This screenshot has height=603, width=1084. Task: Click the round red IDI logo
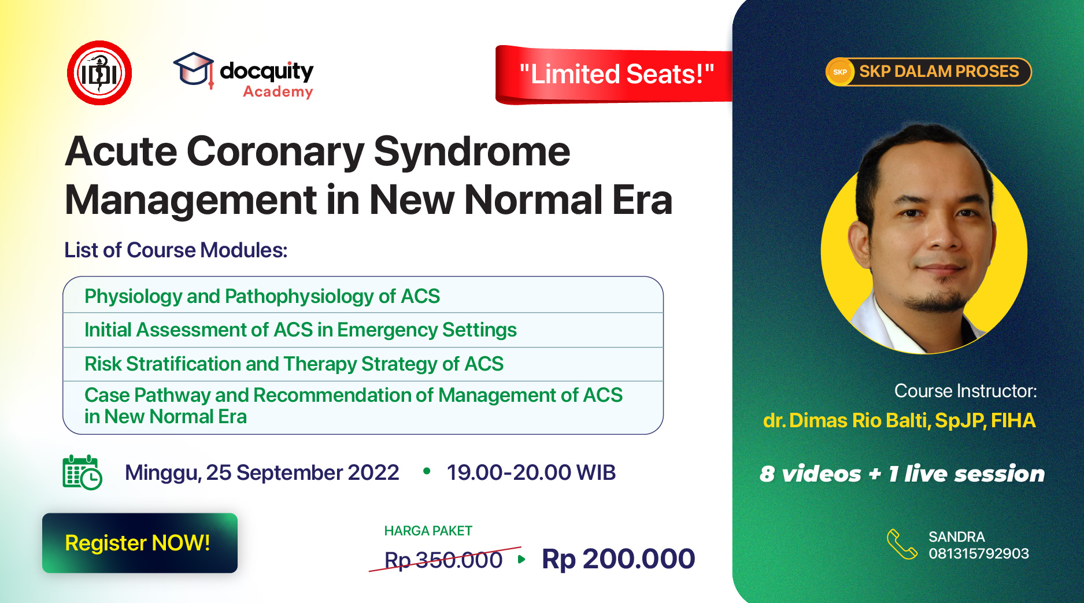pos(99,73)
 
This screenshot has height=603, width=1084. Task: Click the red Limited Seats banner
pos(614,75)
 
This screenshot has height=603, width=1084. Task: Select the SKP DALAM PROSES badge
pos(928,72)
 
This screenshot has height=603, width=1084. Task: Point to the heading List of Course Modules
pos(176,250)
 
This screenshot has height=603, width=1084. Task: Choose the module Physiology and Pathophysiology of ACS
pos(262,296)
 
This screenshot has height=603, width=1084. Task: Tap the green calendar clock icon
pos(82,472)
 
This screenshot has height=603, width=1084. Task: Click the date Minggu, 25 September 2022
pos(262,473)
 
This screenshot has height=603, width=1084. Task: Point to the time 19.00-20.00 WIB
pos(531,472)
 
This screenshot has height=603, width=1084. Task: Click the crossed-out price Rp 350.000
pos(443,560)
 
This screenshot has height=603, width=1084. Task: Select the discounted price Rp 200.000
pos(618,559)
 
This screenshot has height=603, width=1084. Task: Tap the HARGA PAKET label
pos(428,531)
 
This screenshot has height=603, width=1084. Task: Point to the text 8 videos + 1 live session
pos(902,473)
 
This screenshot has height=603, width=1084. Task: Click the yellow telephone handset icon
pos(902,545)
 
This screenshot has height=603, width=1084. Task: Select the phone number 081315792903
pos(979,553)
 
